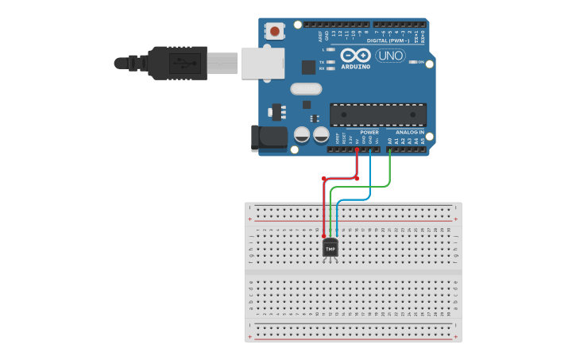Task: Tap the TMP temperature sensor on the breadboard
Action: click(331, 249)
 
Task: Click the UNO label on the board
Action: click(390, 56)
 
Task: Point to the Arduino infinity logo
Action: click(355, 55)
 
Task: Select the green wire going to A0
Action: click(390, 168)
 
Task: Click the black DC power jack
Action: click(268, 137)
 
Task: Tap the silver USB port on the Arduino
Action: click(263, 63)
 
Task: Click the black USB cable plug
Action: click(178, 63)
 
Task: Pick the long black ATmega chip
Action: click(377, 114)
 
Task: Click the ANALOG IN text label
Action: click(410, 132)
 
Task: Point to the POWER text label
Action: click(369, 132)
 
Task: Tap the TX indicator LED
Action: click(331, 61)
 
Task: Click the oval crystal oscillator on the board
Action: click(306, 89)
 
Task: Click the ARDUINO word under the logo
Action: click(355, 66)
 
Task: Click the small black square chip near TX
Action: click(308, 68)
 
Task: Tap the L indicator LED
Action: click(331, 49)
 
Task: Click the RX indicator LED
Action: click(331, 68)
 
